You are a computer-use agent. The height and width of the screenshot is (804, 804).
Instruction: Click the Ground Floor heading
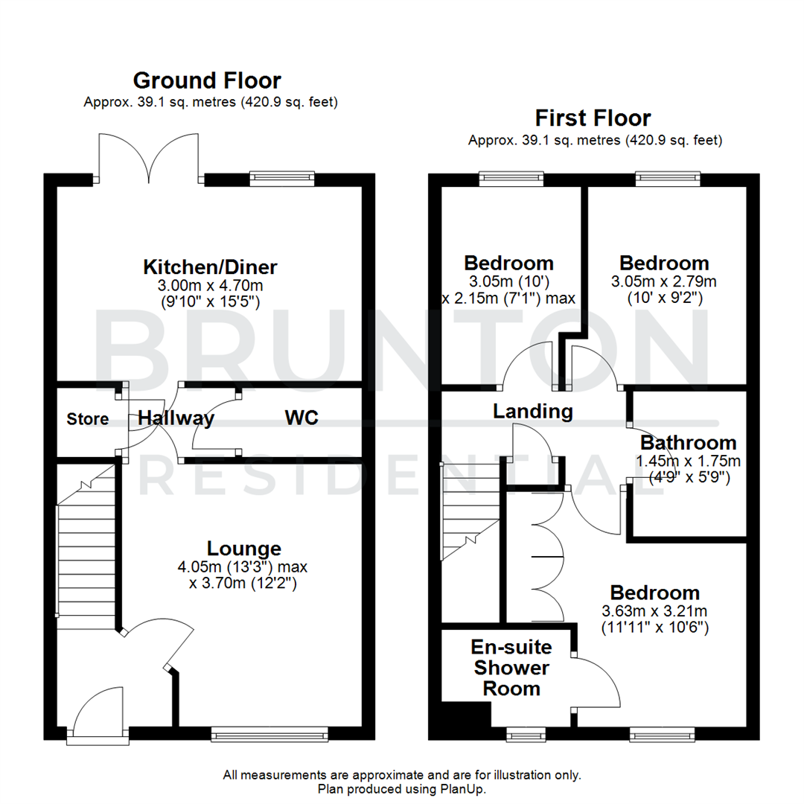pos(207,80)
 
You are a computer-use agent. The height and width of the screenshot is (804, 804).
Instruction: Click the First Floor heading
pos(593,118)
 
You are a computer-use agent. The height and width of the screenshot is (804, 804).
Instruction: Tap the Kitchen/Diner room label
pos(210,267)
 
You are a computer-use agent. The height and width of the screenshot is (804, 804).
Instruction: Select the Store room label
pos(87,419)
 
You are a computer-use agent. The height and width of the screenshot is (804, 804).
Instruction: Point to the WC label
pos(301,418)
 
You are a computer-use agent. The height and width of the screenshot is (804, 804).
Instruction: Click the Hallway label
pos(176,419)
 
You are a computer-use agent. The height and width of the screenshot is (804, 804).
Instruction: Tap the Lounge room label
pos(244,549)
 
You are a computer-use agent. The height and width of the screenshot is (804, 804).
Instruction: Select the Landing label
pos(533,411)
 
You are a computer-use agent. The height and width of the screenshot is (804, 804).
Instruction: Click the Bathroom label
pos(689,443)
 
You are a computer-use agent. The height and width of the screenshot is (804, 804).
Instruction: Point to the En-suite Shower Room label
pos(512,667)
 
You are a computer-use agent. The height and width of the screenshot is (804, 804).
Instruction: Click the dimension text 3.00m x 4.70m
pos(210,285)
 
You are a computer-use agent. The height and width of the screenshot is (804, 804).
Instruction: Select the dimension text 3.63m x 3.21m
pos(654,611)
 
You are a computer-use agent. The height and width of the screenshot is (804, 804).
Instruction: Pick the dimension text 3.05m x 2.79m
pos(664,281)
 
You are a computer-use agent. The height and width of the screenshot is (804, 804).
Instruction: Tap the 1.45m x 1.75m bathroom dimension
pos(689,462)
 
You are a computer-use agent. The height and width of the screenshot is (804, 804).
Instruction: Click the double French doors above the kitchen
pos(150,158)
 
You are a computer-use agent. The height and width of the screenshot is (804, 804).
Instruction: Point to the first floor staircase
pos(470,514)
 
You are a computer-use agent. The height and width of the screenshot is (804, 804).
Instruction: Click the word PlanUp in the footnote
pos(465,788)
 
